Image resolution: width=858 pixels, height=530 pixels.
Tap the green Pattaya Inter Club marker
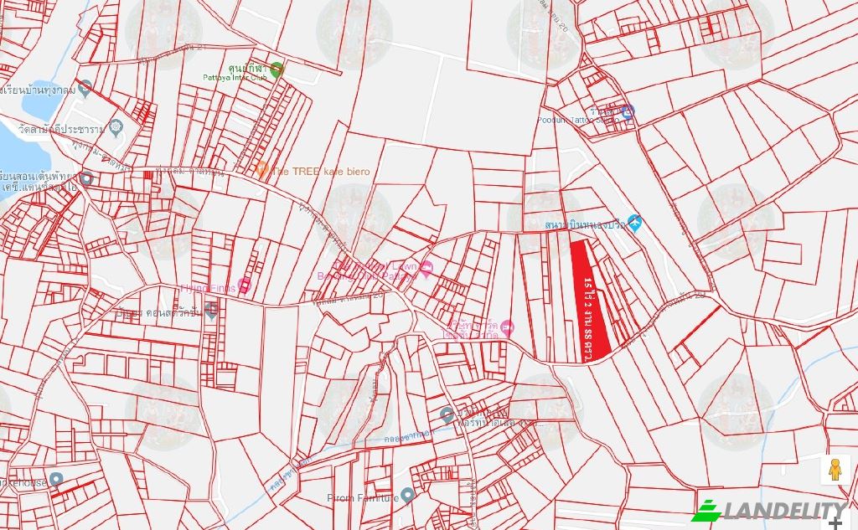(x=277, y=69)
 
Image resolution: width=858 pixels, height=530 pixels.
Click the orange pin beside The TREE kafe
(x=261, y=170)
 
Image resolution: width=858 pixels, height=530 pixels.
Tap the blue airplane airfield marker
(x=634, y=223)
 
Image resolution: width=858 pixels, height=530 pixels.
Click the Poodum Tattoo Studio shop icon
(x=628, y=111)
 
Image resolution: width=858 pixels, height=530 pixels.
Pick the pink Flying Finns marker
(x=245, y=286)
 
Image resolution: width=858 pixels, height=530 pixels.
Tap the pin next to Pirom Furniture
(x=407, y=495)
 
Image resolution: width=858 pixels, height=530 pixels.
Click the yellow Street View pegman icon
(x=835, y=470)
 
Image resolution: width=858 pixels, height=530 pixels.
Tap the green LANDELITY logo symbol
(x=706, y=511)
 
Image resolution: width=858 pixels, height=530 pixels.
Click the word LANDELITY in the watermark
(x=784, y=511)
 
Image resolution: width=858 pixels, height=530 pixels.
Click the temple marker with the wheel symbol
(x=116, y=128)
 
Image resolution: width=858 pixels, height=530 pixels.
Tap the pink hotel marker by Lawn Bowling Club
(x=426, y=269)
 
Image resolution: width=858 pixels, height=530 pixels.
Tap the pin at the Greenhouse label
(x=55, y=480)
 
